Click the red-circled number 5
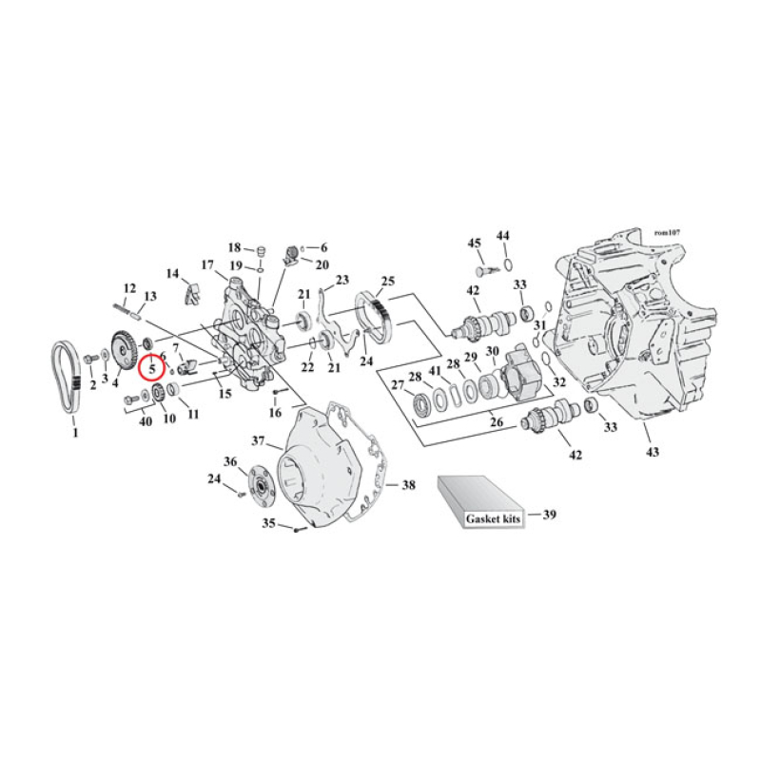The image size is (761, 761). pyautogui.click(x=151, y=366)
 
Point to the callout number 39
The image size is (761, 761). pyautogui.click(x=549, y=515)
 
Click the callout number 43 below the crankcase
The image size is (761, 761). pyautogui.click(x=651, y=451)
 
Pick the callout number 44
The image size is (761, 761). pyautogui.click(x=503, y=235)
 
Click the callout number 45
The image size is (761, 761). pyautogui.click(x=473, y=244)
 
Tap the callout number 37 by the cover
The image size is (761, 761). pyautogui.click(x=258, y=440)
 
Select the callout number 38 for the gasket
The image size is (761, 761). pyautogui.click(x=408, y=485)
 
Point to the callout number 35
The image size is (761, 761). pyautogui.click(x=269, y=523)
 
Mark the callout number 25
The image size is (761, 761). pyautogui.click(x=387, y=281)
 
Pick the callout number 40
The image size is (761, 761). pyautogui.click(x=146, y=421)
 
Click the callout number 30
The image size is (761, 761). pyautogui.click(x=492, y=352)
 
